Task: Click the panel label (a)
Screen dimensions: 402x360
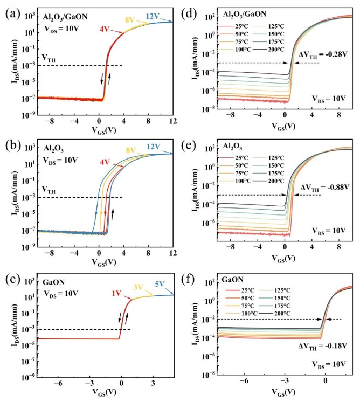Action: click(10, 10)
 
